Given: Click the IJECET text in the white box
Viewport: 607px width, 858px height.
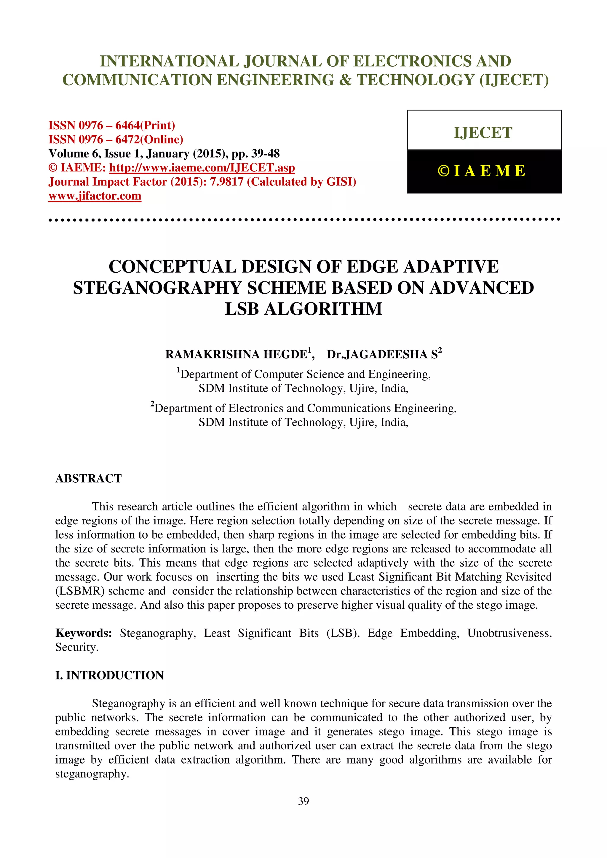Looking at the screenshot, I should pyautogui.click(x=483, y=133).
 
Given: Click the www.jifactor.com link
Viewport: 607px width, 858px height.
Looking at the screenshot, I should pyautogui.click(x=95, y=196).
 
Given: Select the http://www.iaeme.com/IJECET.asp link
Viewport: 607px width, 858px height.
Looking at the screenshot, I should pyautogui.click(x=202, y=168).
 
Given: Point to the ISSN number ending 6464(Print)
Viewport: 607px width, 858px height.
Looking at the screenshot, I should pyautogui.click(x=112, y=125).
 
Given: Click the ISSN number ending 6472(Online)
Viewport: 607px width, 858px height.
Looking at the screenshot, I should pyautogui.click(x=116, y=139).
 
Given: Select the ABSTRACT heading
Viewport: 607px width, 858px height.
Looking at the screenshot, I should pyautogui.click(x=89, y=478).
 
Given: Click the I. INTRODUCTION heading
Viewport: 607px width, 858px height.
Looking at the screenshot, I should pyautogui.click(x=110, y=675).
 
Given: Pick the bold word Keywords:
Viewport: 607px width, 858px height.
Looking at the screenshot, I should pyautogui.click(x=84, y=633).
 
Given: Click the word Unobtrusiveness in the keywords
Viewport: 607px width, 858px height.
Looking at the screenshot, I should pyautogui.click(x=509, y=633).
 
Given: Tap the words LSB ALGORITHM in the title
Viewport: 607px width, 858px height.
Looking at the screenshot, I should pyautogui.click(x=303, y=309).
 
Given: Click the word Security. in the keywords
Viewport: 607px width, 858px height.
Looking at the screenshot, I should pyautogui.click(x=77, y=647).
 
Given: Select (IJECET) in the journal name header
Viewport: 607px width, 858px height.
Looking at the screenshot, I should pyautogui.click(x=514, y=80).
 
